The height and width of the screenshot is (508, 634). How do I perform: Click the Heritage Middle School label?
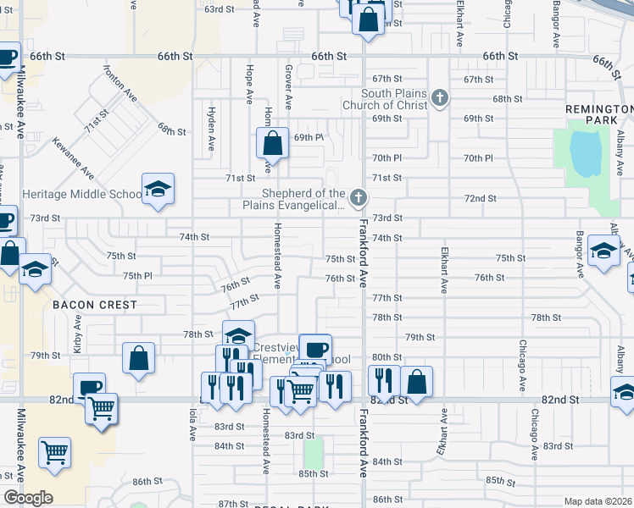(81, 194)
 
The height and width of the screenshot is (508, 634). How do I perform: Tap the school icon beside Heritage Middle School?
(158, 189)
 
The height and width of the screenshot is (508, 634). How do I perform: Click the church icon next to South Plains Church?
(439, 98)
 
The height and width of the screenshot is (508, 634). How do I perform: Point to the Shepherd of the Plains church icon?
(359, 198)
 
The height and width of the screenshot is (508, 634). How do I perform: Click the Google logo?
(28, 498)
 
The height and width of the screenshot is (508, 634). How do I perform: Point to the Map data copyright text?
(598, 501)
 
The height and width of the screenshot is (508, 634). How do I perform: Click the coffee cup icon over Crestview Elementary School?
(315, 349)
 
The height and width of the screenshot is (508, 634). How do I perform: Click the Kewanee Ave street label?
(73, 158)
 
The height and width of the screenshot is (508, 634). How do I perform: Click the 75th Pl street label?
(137, 276)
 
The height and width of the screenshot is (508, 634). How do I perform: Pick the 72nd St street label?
(480, 198)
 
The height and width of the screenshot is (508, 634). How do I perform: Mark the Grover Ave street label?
(288, 89)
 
